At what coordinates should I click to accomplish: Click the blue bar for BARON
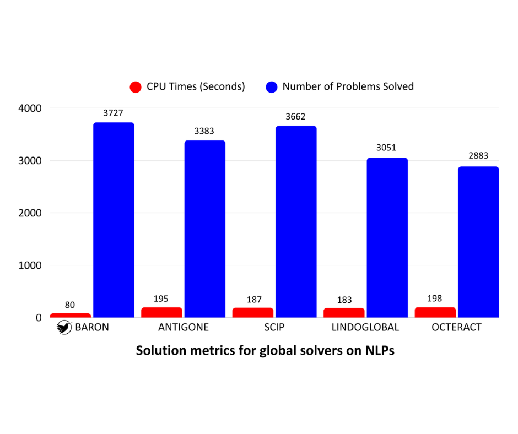114,220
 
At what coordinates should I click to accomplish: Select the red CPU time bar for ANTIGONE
161,312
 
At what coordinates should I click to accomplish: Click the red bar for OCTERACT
435,312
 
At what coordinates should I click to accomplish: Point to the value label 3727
114,113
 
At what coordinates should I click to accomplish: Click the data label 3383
204,131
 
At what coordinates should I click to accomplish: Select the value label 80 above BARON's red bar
70,305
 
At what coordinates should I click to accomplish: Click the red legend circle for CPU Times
136,87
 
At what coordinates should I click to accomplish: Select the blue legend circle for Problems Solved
272,87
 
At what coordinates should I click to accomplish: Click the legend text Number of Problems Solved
348,86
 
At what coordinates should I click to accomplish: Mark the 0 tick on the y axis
38,318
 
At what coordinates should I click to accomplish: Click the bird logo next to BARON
64,328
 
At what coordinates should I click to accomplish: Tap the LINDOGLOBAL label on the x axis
365,328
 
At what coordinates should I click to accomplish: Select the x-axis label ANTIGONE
184,328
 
